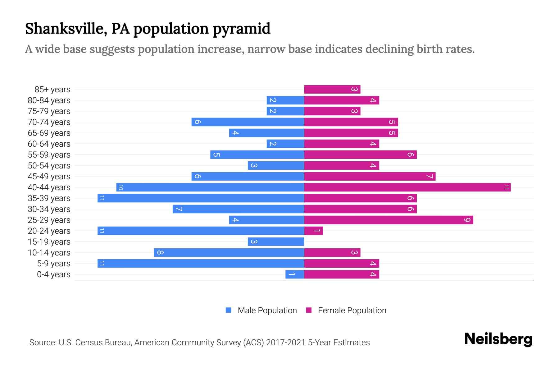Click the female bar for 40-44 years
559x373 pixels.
coord(407,187)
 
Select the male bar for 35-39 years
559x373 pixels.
coord(201,198)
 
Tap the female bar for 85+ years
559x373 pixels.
coord(332,89)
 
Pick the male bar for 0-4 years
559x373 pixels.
coord(294,274)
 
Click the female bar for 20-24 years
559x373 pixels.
coord(313,231)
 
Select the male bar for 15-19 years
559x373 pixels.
coord(276,242)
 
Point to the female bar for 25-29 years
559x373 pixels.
coord(388,220)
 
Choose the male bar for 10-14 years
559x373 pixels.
coord(229,252)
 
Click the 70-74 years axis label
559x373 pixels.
coord(49,122)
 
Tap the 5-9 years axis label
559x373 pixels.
coord(54,264)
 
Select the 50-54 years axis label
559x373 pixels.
coord(49,166)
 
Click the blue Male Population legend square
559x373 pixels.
coord(229,310)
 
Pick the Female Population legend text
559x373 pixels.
coord(352,311)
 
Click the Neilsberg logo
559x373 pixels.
coord(498,339)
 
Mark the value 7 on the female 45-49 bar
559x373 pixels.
coord(429,176)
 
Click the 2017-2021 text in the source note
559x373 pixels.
coord(285,343)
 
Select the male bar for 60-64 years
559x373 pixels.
coord(285,144)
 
